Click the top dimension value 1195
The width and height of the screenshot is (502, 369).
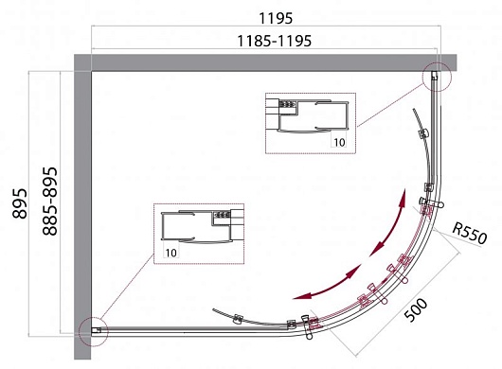[276, 18]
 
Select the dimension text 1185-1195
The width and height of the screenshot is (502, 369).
[274, 41]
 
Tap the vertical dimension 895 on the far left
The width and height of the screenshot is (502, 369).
[20, 203]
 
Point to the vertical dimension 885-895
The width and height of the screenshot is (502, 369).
[50, 202]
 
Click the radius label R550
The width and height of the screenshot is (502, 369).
[470, 234]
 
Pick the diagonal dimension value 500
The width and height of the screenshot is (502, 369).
[416, 309]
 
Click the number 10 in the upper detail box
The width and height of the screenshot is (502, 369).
[339, 142]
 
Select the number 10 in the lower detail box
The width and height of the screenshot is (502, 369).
[170, 253]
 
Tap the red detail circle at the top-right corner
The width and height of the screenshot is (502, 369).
[436, 77]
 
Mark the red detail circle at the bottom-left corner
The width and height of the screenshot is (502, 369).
[94, 331]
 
